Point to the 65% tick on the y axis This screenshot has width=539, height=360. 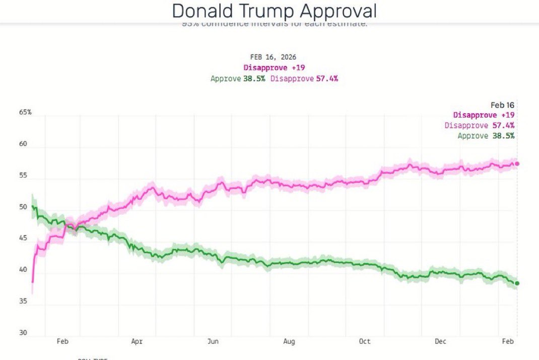[25, 112]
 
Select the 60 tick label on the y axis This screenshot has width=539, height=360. [23, 144]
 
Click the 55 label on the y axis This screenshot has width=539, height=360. [23, 175]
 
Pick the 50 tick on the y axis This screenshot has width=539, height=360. [23, 207]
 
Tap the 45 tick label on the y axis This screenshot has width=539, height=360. [23, 238]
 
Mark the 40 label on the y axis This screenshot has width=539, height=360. [23, 270]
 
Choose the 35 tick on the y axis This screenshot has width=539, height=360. [23, 302]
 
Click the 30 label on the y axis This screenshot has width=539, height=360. [23, 333]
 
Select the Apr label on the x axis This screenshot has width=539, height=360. [137, 341]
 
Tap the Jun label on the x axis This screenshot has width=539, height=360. [213, 341]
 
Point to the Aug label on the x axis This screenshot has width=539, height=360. [289, 341]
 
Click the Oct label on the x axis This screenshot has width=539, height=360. [365, 341]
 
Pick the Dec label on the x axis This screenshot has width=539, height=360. [440, 341]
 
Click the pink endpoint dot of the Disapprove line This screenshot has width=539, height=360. [517, 163]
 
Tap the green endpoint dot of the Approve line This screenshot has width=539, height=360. [517, 283]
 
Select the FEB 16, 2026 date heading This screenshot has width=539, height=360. [274, 57]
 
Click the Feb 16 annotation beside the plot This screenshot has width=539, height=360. [502, 105]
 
